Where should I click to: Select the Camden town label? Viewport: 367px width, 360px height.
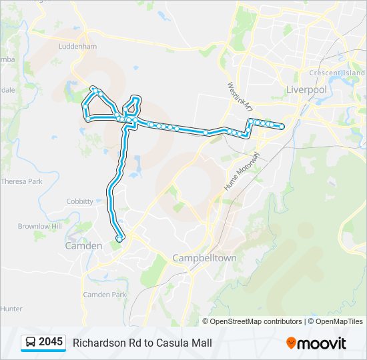pyautogui.click(x=83, y=245)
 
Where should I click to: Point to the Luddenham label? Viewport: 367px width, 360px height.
pyautogui.click(x=78, y=47)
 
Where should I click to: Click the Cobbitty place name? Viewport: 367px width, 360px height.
pyautogui.click(x=80, y=201)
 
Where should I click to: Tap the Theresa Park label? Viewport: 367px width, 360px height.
pyautogui.click(x=21, y=181)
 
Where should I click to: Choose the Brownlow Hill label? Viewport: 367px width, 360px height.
pyautogui.click(x=39, y=227)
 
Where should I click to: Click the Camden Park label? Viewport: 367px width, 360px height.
pyautogui.click(x=104, y=294)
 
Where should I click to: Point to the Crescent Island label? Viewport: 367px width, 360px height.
pyautogui.click(x=337, y=73)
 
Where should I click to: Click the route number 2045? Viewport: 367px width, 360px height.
pyautogui.click(x=51, y=343)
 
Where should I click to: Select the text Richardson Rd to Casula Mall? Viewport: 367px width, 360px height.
pyautogui.click(x=142, y=343)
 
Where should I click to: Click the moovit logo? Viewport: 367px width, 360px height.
pyautogui.click(x=316, y=343)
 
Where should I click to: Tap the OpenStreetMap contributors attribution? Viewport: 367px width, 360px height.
pyautogui.click(x=256, y=321)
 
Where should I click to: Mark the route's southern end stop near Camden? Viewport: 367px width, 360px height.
pyautogui.click(x=119, y=238)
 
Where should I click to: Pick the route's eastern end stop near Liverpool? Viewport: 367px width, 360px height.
pyautogui.click(x=282, y=127)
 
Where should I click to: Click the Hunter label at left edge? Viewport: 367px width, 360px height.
pyautogui.click(x=11, y=309)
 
